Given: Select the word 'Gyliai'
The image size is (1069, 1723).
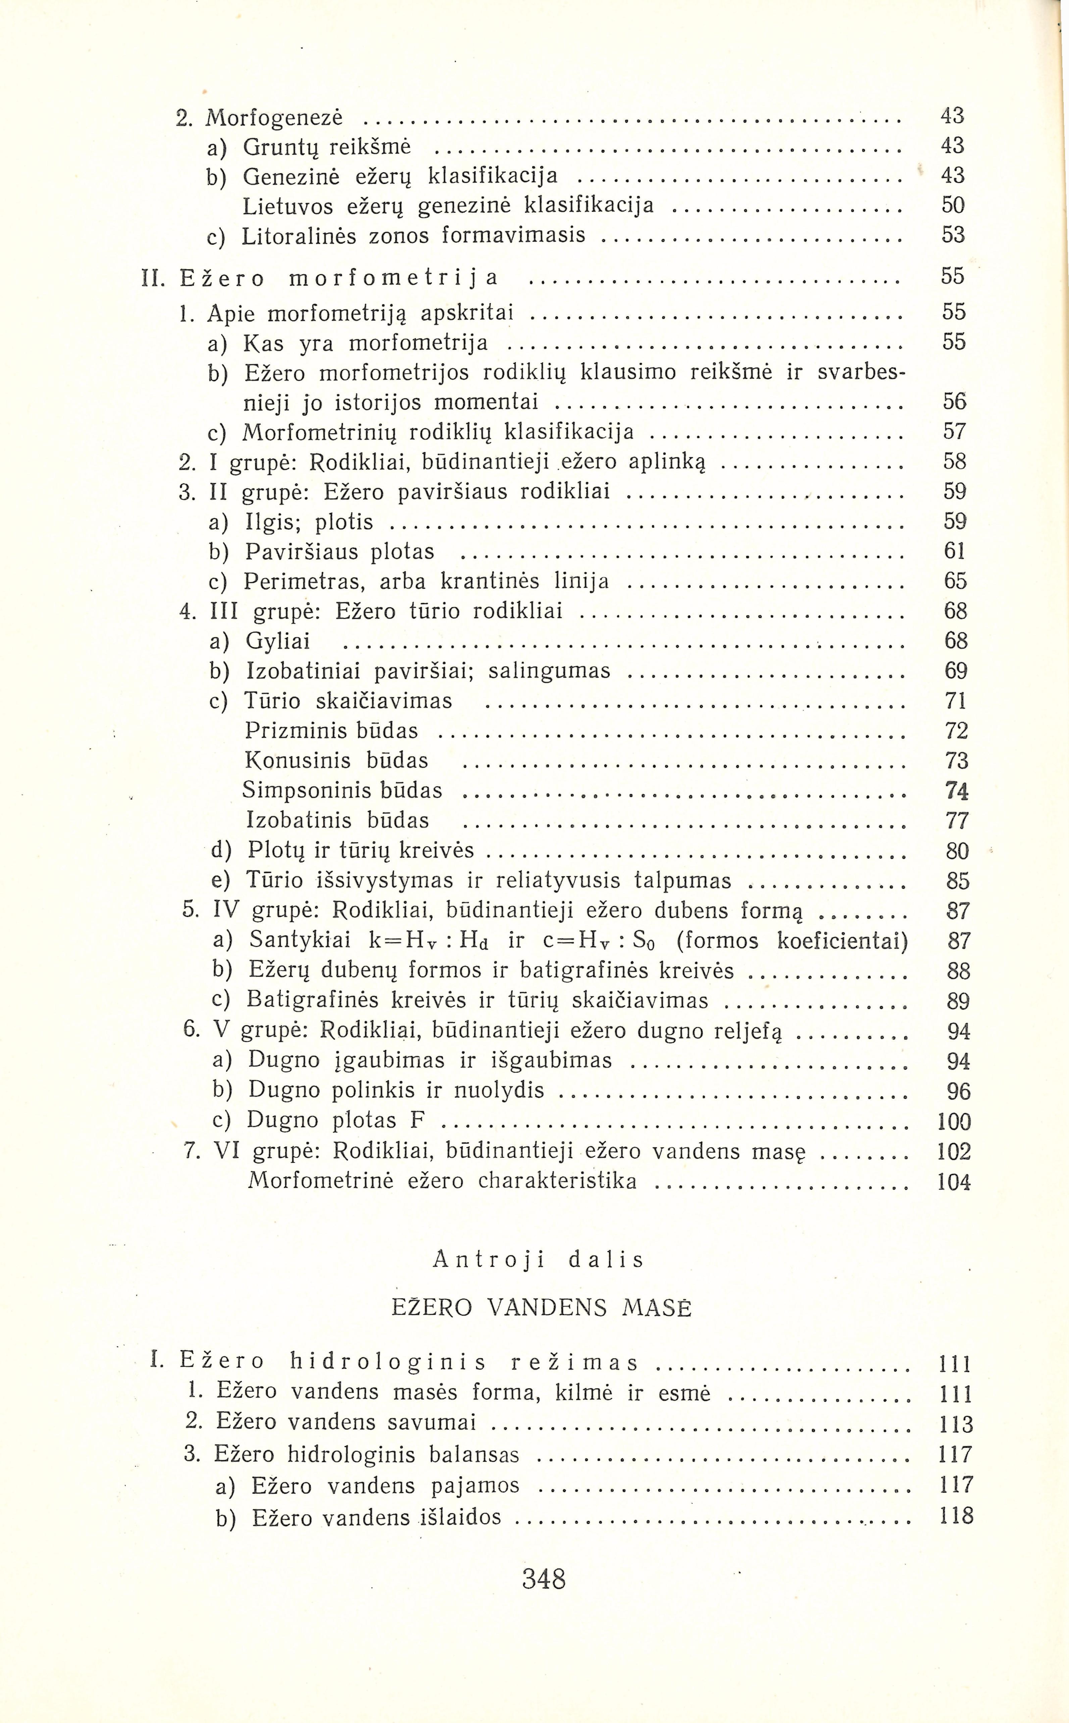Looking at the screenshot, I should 278,641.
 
